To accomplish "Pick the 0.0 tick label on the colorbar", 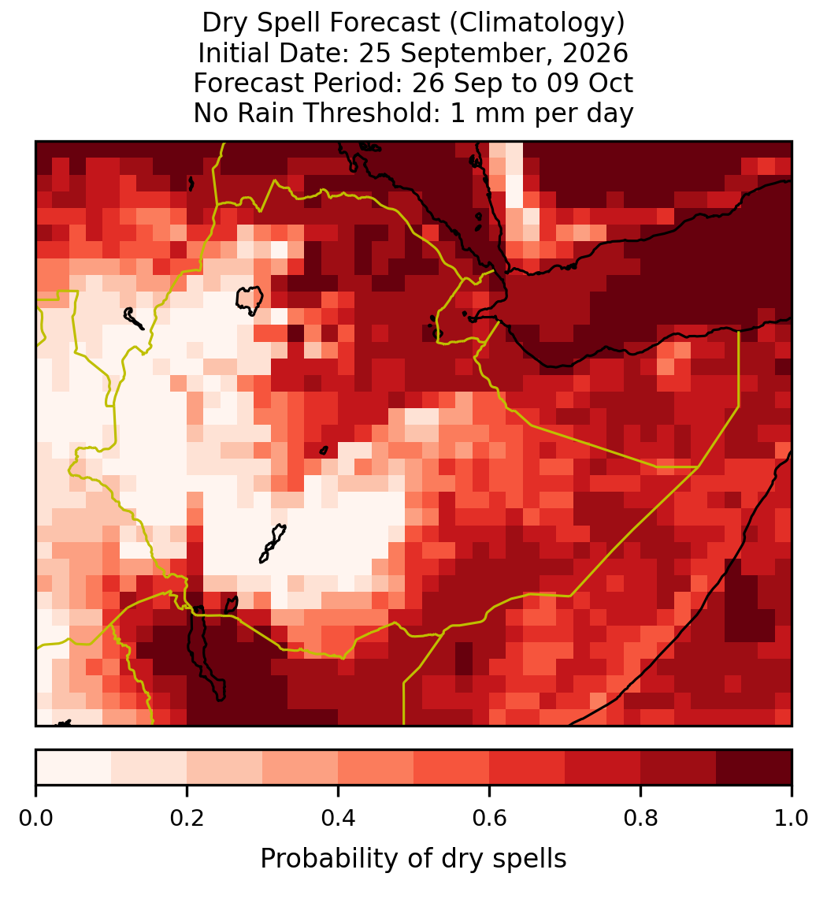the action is tap(35, 819).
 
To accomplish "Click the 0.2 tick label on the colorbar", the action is tap(187, 819).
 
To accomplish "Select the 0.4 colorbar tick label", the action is tap(339, 819).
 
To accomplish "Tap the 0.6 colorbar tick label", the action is tap(489, 819).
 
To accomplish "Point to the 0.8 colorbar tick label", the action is tap(640, 819).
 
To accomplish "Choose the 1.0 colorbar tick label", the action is tap(792, 819).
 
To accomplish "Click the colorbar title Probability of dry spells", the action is tap(413, 859).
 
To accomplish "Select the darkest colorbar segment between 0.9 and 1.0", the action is tap(754, 767).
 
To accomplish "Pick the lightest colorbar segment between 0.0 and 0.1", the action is tap(74, 767).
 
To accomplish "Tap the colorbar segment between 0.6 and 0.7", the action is tap(527, 767).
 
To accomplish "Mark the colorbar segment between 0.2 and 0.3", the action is tap(224, 767).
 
